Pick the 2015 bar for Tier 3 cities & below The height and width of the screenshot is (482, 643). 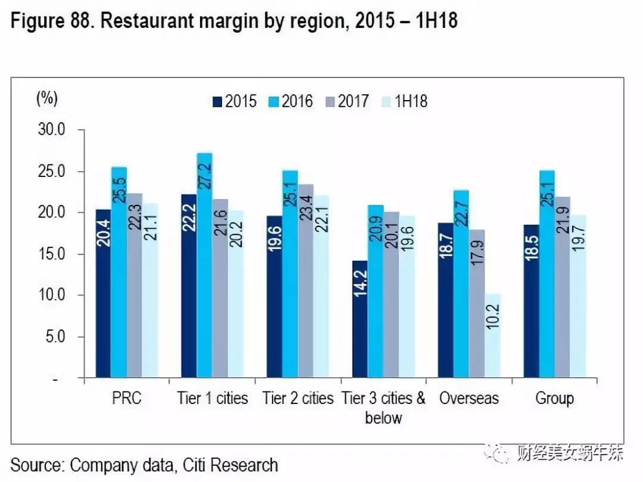[x=360, y=319]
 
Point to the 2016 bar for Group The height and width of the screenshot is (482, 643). [x=547, y=274]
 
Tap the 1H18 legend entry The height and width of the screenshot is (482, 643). [x=404, y=101]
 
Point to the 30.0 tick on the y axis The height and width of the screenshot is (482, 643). [x=54, y=130]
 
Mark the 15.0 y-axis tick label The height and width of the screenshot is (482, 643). [x=54, y=254]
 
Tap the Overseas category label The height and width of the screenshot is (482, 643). [x=469, y=398]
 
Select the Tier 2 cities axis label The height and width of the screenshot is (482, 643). [x=298, y=398]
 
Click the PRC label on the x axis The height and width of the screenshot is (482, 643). [x=126, y=398]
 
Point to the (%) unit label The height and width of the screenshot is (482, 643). [x=47, y=98]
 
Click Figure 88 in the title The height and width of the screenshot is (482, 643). [x=51, y=21]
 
